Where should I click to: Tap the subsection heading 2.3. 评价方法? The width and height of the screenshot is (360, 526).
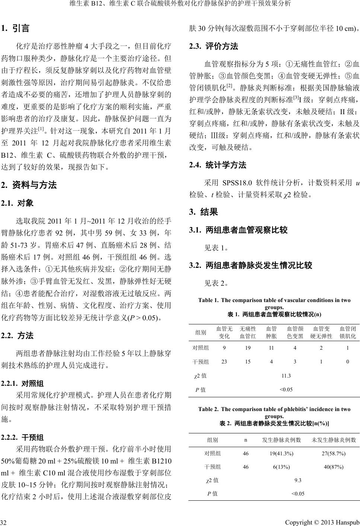tap(214, 46)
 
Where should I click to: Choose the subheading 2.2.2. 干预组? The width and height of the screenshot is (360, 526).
tap(23, 437)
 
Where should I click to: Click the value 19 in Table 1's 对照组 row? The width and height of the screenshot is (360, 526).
tap(248, 348)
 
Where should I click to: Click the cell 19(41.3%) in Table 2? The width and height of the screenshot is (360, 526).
tap(281, 453)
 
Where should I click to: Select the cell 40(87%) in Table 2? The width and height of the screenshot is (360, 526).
tap(333, 467)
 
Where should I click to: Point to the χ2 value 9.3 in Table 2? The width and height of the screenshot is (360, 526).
tap(298, 480)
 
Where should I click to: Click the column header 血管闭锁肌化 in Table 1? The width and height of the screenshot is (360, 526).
tap(348, 332)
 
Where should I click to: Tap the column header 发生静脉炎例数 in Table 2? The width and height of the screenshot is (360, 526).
tap(281, 440)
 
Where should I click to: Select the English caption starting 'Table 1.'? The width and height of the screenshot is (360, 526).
tap(274, 304)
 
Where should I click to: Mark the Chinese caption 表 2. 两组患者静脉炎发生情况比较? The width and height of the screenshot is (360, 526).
tap(274, 423)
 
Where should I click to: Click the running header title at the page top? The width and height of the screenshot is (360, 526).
tap(180, 4)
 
